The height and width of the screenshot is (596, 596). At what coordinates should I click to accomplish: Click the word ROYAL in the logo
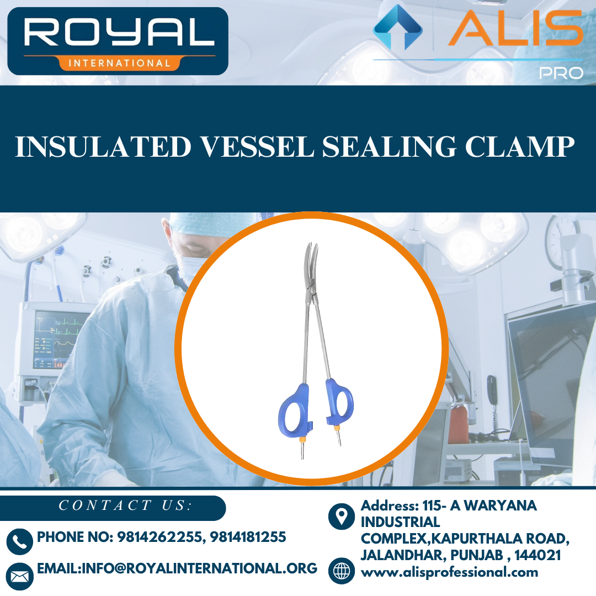118,33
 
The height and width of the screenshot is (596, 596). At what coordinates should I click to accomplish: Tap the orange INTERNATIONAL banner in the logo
119,63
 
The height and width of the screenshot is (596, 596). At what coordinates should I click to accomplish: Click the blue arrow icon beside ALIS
397,27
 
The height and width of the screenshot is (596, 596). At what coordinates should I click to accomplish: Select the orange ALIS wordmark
516,29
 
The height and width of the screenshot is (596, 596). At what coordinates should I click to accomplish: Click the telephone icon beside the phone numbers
20,541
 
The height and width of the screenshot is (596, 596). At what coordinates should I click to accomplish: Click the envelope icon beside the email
20,576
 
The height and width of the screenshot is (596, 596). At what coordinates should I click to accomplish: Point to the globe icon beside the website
341,571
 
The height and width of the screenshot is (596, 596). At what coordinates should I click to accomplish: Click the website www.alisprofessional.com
449,572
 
